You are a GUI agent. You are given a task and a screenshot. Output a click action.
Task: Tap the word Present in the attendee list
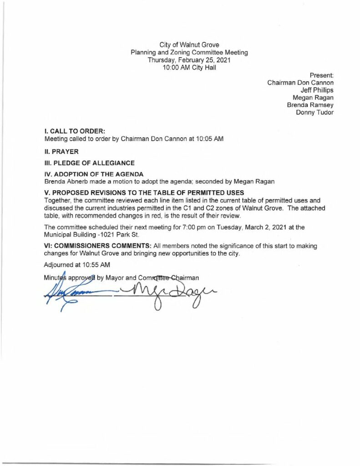coord(322,75)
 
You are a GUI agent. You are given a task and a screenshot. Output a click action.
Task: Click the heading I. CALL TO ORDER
coord(75,131)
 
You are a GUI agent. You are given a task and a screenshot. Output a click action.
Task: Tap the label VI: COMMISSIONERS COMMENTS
coord(98,246)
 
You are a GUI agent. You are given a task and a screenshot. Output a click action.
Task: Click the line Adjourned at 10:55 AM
coord(77,264)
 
